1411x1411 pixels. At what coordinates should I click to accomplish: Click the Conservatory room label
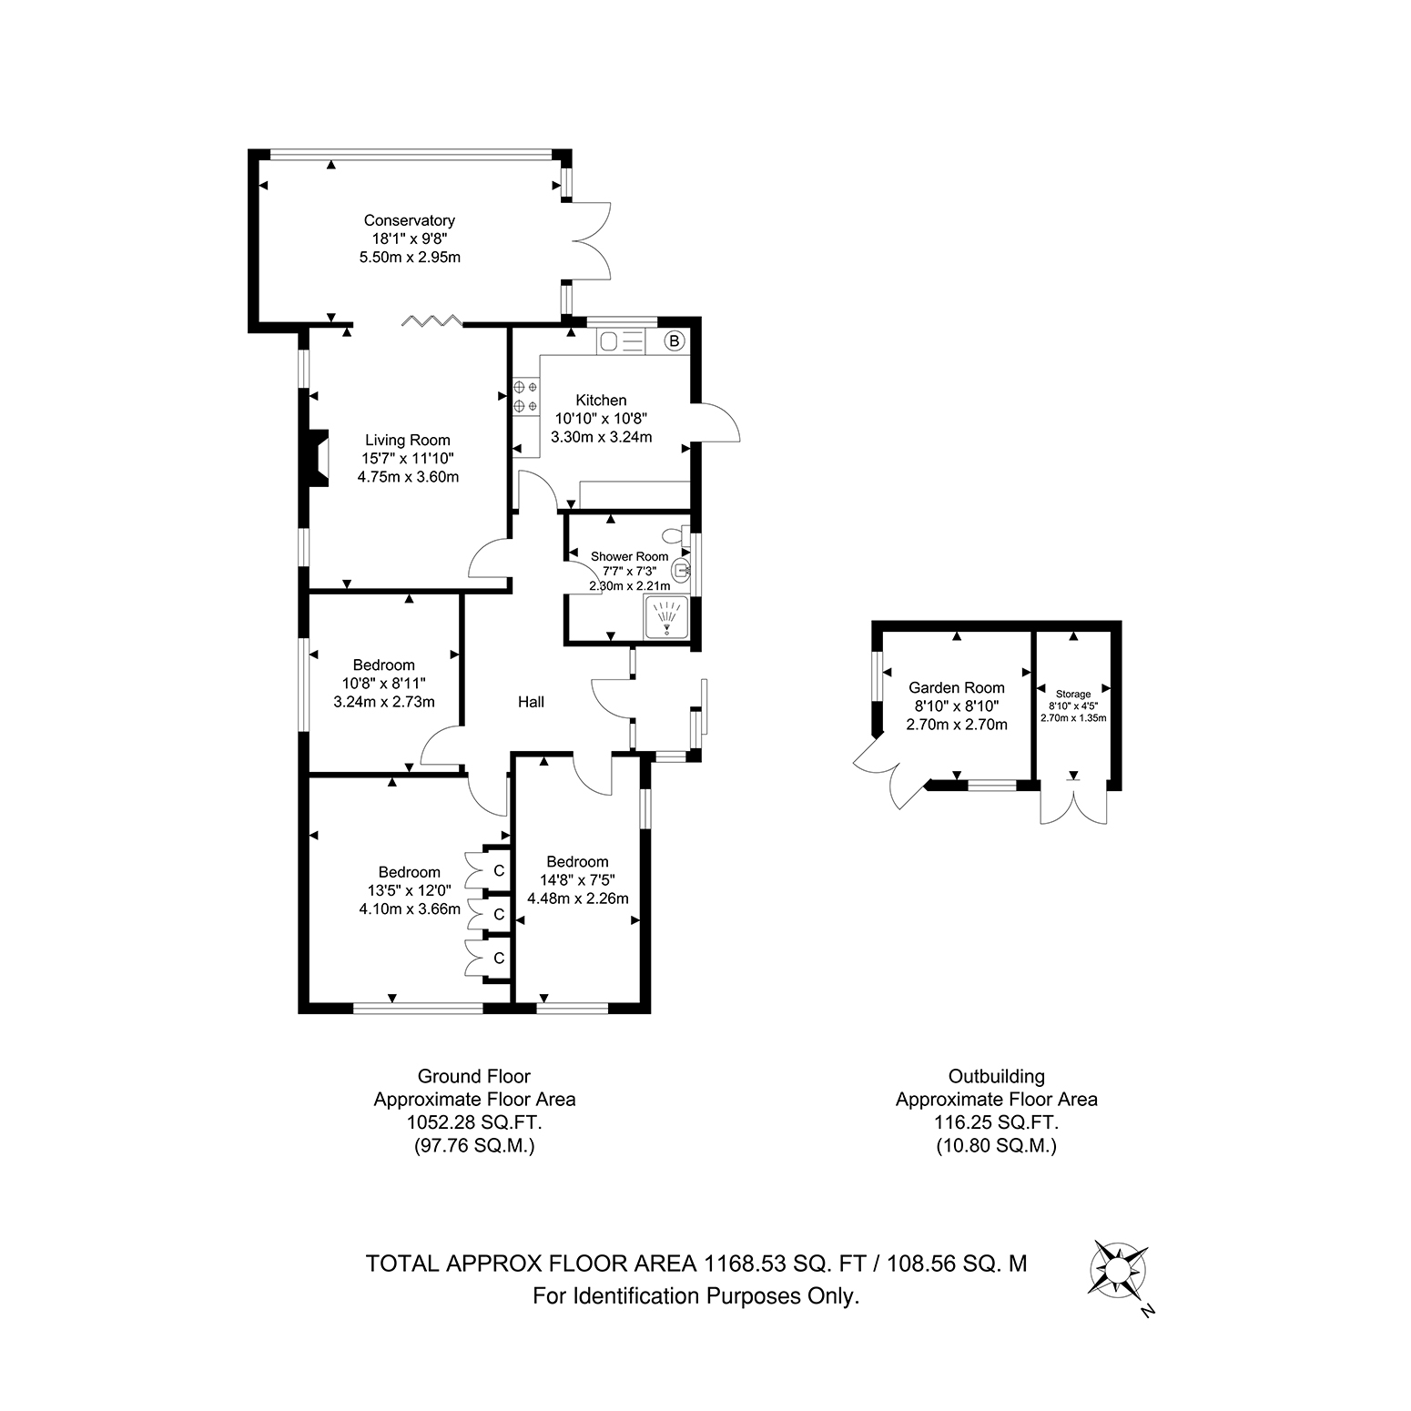(x=410, y=220)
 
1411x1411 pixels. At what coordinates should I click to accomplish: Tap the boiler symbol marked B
(x=675, y=341)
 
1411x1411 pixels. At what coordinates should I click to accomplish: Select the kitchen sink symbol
(x=621, y=341)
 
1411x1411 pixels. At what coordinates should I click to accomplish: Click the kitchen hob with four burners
(x=525, y=396)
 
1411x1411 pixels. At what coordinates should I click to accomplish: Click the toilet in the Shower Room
(x=677, y=536)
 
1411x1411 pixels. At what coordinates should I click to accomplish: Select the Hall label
(x=532, y=702)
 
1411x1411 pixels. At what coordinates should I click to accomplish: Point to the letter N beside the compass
(x=1148, y=1311)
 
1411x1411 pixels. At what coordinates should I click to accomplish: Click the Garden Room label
(x=957, y=688)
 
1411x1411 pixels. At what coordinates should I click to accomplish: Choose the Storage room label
(x=1074, y=695)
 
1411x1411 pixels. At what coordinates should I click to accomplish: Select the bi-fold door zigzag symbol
(x=433, y=320)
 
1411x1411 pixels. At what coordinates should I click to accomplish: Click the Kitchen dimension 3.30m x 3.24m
(x=602, y=437)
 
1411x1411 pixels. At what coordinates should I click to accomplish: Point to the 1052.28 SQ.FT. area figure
(x=474, y=1122)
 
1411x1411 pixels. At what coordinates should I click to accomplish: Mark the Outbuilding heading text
(x=997, y=1076)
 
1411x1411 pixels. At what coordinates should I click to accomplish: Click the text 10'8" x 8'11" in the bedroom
(x=384, y=683)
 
